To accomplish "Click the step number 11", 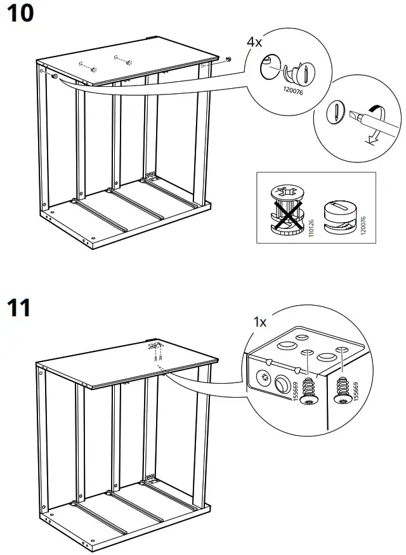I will coord(18,309).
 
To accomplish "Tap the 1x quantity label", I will coord(259,322).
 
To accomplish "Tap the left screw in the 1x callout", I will coord(309,388).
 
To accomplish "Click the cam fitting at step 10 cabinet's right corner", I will coord(228,59).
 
